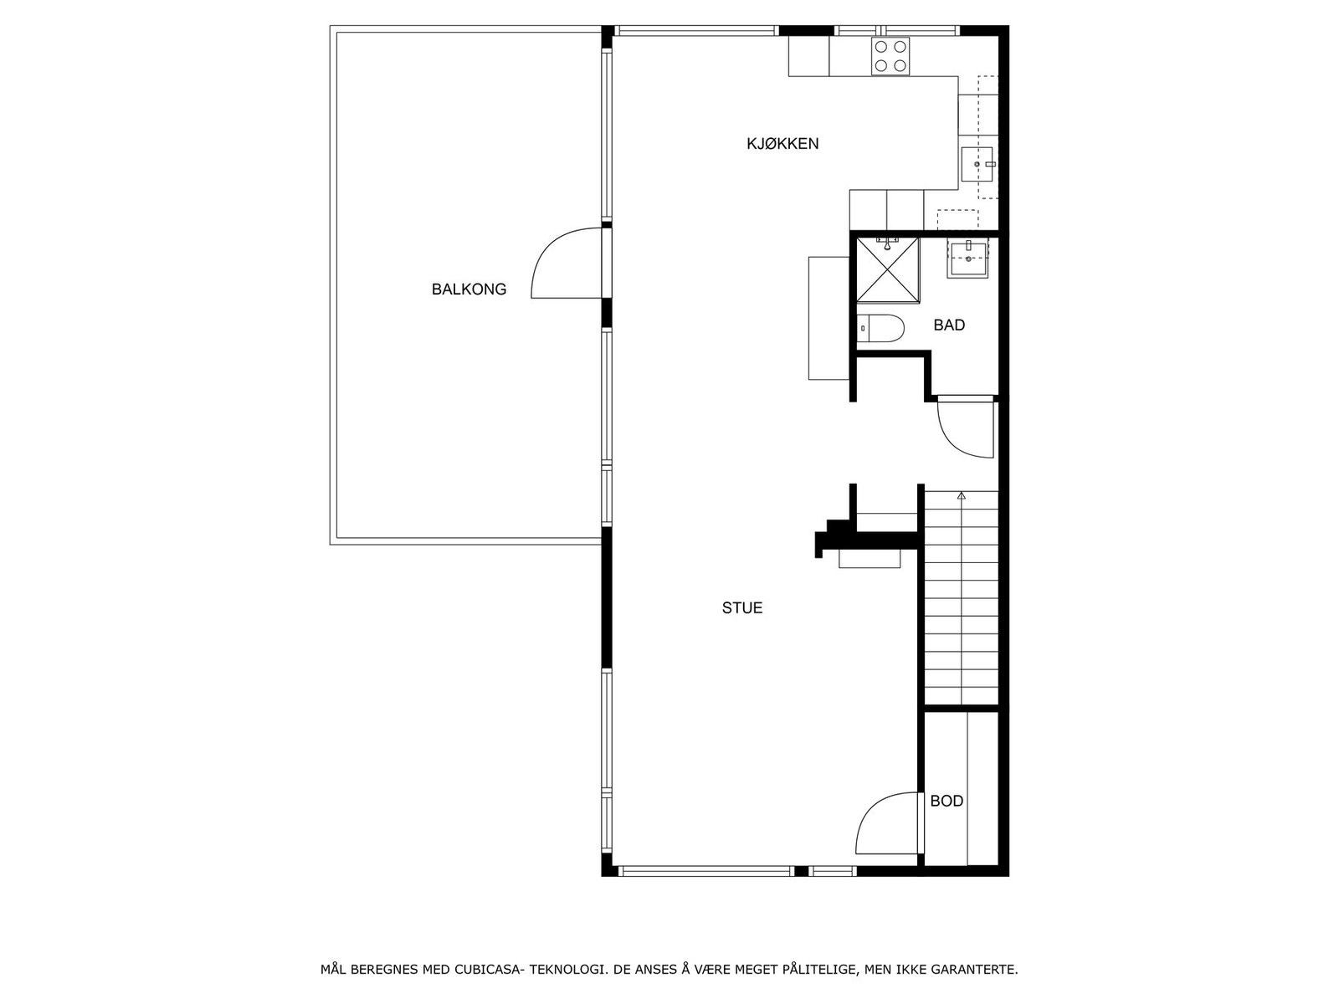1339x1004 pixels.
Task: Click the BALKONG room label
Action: coord(469,289)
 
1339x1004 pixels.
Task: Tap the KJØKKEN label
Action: coord(782,144)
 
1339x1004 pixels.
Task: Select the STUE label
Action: coord(742,608)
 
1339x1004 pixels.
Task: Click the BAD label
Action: coord(949,325)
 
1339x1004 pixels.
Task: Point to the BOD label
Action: coord(947,802)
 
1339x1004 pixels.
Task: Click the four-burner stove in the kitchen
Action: coord(890,57)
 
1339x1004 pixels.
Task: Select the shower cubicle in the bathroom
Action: coord(885,269)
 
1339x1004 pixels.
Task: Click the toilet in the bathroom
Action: coord(880,328)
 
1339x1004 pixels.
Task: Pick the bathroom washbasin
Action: coord(968,259)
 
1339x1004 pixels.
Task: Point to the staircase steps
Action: coord(962,602)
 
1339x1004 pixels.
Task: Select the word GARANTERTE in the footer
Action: coord(980,971)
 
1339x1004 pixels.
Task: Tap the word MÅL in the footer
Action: coord(333,971)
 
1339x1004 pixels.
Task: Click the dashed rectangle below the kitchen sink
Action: coord(957,219)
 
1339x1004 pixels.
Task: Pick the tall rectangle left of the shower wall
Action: coord(829,318)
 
